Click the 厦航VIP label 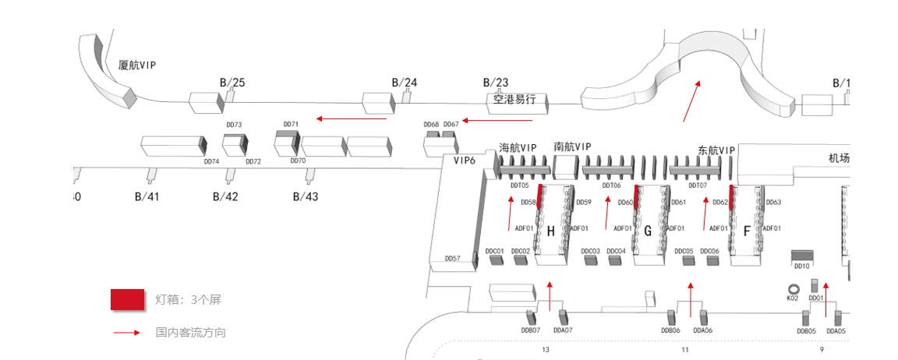tap(137, 65)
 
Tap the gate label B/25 tap(232, 82)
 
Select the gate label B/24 tap(405, 82)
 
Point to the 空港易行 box tap(514, 101)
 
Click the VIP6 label tap(465, 160)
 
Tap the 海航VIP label tap(518, 147)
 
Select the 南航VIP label tap(572, 146)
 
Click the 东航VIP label tap(716, 150)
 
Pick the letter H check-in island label tap(550, 231)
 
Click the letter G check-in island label tap(648, 231)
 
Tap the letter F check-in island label tap(747, 231)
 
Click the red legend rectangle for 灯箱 tap(127, 300)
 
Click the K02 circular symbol tap(793, 288)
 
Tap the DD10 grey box tap(802, 256)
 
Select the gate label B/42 tap(225, 196)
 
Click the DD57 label tap(452, 258)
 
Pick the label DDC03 tap(591, 251)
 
